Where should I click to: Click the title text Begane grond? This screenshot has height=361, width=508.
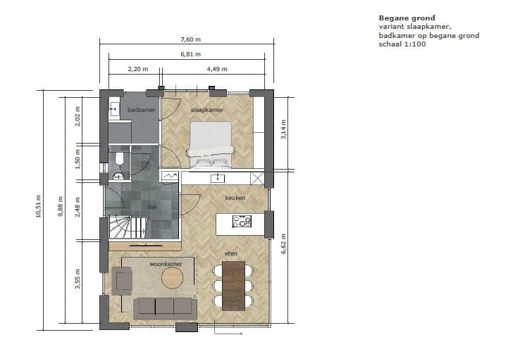click(407, 18)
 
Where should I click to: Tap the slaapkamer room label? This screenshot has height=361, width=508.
click(206, 110)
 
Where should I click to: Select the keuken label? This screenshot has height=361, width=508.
click(235, 198)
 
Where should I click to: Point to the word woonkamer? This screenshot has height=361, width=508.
click(166, 264)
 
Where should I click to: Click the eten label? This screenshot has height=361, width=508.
click(230, 253)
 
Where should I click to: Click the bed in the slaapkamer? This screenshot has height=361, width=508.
click(209, 144)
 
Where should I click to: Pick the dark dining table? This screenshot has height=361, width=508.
click(233, 285)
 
